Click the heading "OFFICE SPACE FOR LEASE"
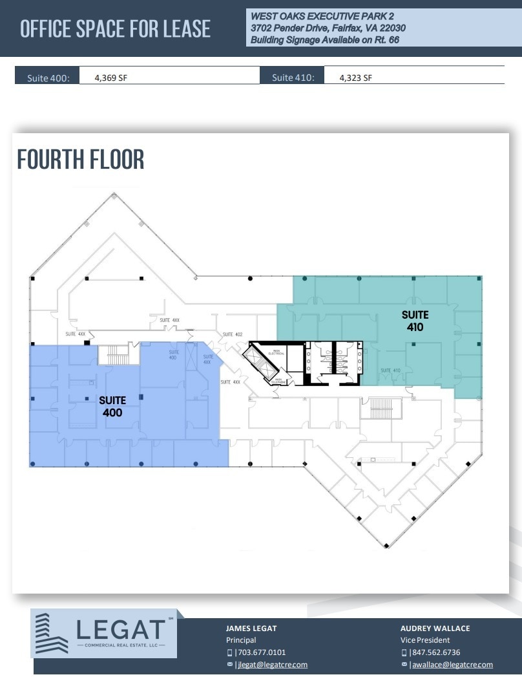tap(115, 29)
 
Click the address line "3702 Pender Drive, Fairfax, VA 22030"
tap(328, 28)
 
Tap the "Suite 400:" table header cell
tap(47, 78)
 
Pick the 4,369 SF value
tap(110, 78)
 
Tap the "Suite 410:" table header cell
tap(293, 78)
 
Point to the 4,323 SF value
tap(356, 78)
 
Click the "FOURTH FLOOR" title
tap(81, 159)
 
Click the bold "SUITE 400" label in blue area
tap(112, 406)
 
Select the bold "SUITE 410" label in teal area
tap(415, 321)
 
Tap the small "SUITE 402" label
tap(232, 334)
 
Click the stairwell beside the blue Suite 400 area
tap(117, 354)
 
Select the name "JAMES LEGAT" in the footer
tap(252, 628)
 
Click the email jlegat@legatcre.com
tap(272, 665)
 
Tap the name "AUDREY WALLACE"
tap(435, 628)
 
